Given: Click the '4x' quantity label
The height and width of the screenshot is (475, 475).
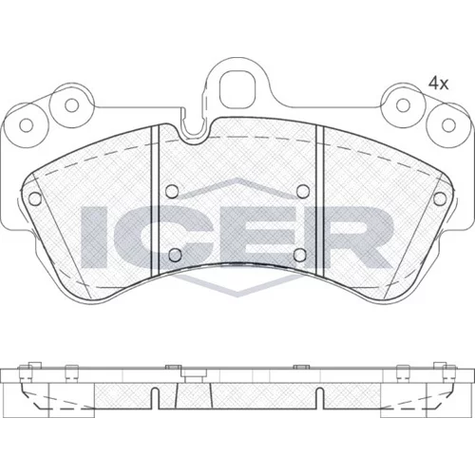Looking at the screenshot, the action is (x=438, y=84).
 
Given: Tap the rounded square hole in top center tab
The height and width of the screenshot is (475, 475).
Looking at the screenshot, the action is (x=237, y=89).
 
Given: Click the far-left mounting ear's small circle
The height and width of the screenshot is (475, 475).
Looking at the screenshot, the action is (x=27, y=125).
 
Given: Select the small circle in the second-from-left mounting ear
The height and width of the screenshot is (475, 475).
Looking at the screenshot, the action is (x=72, y=105).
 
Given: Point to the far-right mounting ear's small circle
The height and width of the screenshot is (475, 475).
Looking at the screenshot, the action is (x=448, y=125).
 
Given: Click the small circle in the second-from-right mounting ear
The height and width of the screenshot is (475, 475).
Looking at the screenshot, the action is (x=403, y=105).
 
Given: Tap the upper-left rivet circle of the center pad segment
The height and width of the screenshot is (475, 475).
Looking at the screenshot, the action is (x=172, y=191).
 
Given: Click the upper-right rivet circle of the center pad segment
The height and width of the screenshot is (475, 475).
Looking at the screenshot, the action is (x=303, y=191).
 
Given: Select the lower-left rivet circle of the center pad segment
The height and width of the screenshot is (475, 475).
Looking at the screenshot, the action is (x=175, y=255).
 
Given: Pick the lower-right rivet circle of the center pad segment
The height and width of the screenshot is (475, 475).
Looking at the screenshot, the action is (x=300, y=255).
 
